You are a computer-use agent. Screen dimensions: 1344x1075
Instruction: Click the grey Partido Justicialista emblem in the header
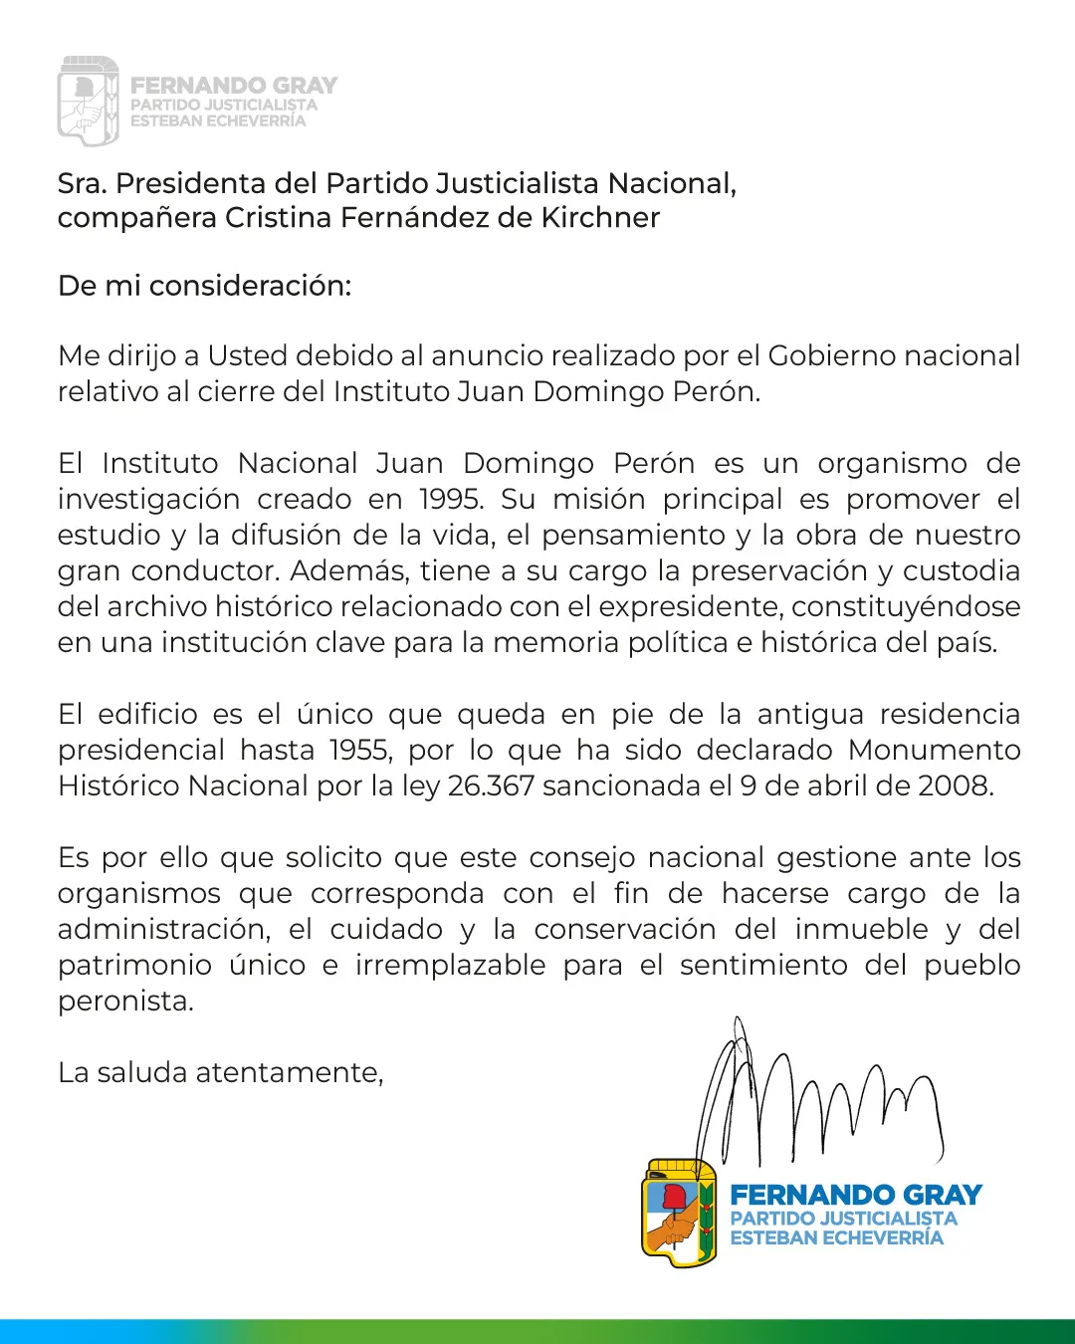[88, 102]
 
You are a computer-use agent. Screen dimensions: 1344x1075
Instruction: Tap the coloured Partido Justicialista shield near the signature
[680, 1213]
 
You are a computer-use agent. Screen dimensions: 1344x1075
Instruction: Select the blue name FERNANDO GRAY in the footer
[856, 1195]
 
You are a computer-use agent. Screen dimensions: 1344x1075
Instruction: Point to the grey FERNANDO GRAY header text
[234, 86]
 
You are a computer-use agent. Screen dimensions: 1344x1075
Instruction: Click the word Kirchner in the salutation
[600, 218]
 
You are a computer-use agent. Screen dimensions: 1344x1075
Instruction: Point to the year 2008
[955, 785]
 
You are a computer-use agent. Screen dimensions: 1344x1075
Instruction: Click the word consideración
[250, 286]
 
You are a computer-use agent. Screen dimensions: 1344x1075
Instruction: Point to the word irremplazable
[450, 965]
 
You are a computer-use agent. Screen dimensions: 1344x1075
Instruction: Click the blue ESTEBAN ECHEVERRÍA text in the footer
[836, 1238]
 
